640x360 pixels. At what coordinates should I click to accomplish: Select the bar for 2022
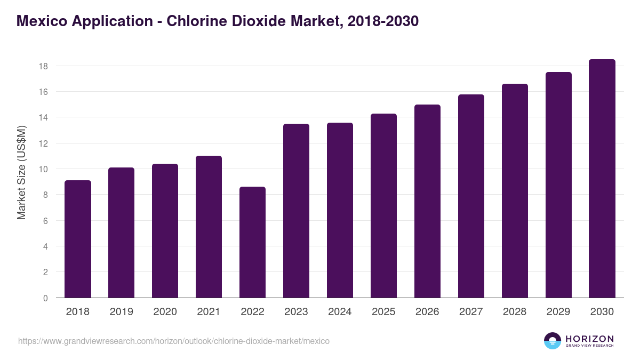click(252, 243)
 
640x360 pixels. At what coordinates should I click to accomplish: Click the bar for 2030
click(602, 179)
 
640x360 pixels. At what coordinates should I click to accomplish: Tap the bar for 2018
click(78, 239)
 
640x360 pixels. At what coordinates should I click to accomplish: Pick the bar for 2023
click(296, 211)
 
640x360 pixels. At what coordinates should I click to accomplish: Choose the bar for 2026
click(427, 202)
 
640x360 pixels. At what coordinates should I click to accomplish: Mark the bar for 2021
click(209, 227)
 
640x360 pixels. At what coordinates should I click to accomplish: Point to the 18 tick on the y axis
click(43, 66)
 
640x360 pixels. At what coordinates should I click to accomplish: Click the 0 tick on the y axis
click(45, 298)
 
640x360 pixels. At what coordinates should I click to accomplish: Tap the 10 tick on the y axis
click(43, 169)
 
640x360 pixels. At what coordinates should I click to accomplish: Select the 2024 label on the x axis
click(340, 312)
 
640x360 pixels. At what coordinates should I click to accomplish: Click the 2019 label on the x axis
click(121, 312)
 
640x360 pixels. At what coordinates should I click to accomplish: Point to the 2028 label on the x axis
click(515, 312)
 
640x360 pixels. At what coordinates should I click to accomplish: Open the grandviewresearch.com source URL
click(174, 341)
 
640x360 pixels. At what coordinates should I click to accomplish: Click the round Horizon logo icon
click(552, 341)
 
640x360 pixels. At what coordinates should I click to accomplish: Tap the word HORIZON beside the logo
click(589, 339)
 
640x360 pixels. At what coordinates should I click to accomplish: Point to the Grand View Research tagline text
click(589, 346)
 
